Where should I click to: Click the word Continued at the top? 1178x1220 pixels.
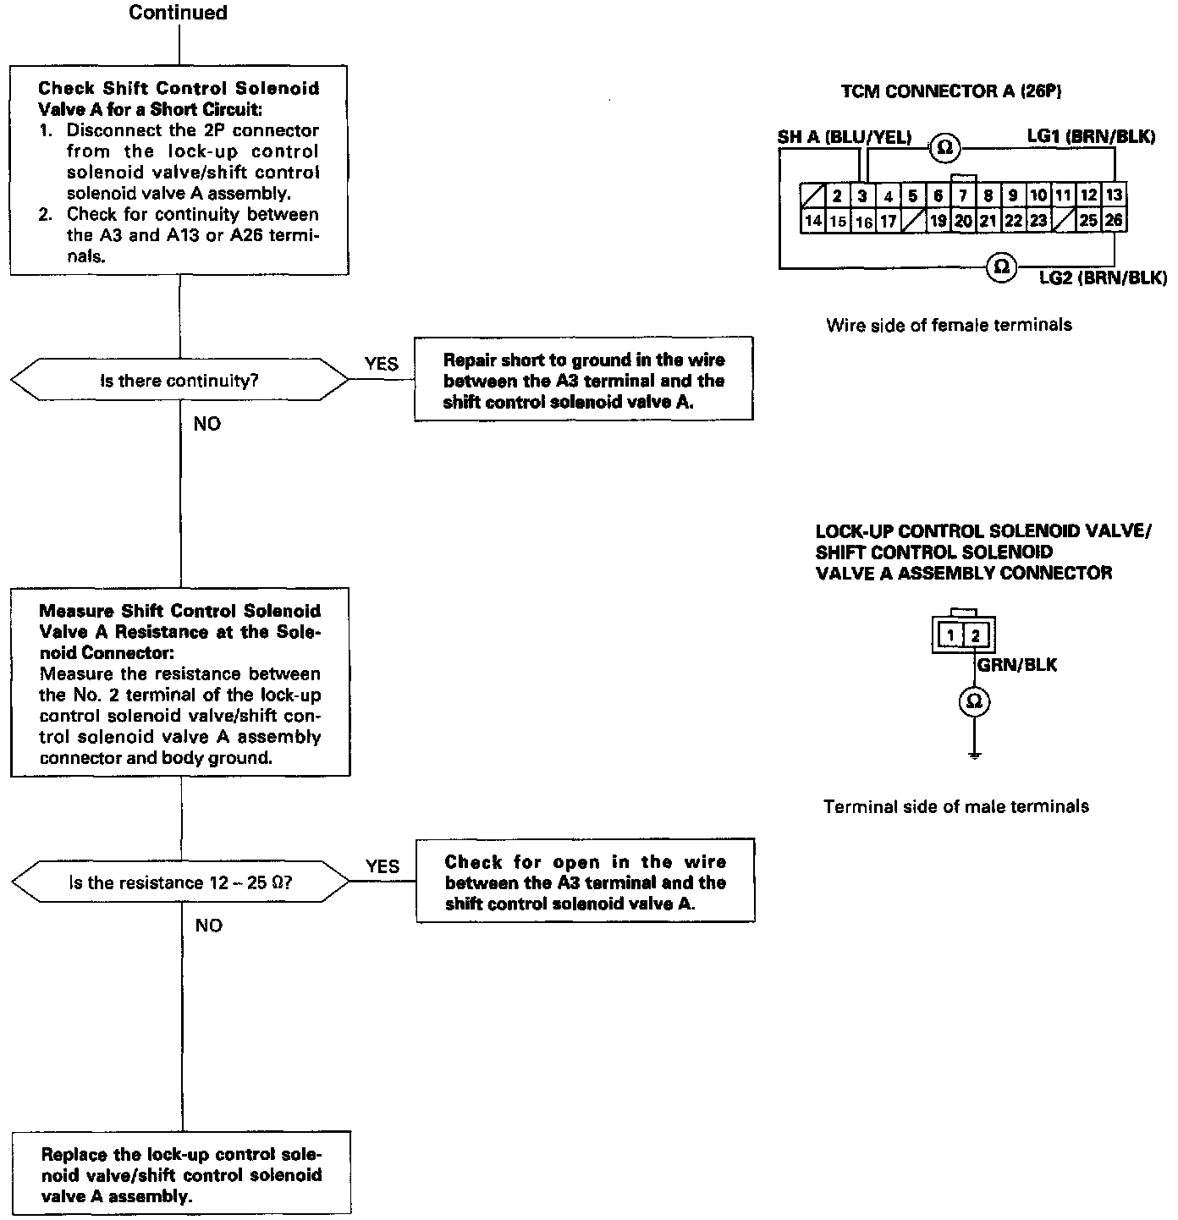178,13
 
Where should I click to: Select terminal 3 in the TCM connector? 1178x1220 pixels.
862,196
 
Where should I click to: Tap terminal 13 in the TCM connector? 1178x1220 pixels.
1115,196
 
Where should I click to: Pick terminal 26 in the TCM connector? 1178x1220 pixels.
1114,221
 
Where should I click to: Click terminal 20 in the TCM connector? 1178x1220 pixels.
963,221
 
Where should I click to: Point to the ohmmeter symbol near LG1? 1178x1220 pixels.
944,148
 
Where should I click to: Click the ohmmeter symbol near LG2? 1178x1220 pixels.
1001,267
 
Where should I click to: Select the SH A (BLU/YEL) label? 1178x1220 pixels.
845,137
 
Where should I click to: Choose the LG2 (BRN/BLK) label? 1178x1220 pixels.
1103,278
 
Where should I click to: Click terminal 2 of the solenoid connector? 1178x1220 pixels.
975,635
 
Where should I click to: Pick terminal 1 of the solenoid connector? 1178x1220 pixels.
951,635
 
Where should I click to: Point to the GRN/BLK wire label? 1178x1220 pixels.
1017,665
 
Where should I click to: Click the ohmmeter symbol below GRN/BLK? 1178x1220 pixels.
975,701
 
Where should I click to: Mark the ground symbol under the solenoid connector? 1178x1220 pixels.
975,754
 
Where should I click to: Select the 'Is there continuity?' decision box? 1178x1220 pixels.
179,381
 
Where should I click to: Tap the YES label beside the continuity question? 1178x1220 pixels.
382,364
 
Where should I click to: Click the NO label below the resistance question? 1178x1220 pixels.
208,926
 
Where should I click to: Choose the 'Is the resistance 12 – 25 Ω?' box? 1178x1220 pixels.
179,883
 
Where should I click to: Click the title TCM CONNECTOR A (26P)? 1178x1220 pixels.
951,91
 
